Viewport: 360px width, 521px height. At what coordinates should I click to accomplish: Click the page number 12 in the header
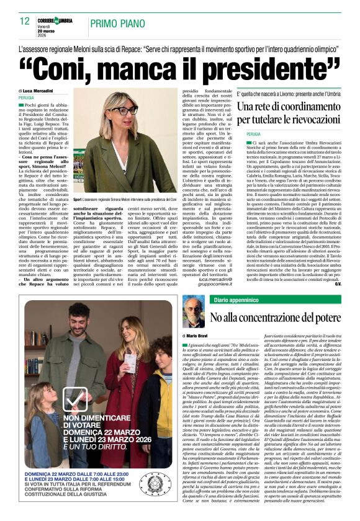[x=25, y=20]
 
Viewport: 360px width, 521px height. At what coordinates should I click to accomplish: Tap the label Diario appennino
[x=236, y=300]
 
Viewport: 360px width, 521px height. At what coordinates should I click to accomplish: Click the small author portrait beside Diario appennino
[x=193, y=311]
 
